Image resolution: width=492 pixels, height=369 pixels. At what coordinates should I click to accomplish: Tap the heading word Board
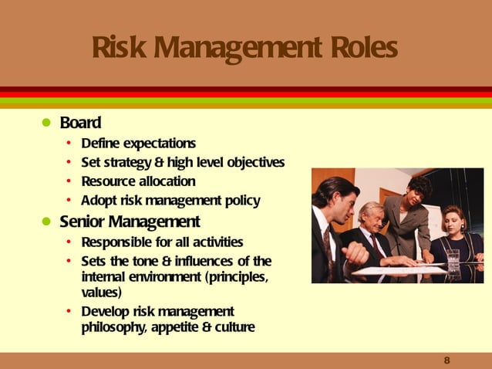pyautogui.click(x=86, y=123)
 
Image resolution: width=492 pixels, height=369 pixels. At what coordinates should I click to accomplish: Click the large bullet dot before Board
pyautogui.click(x=45, y=124)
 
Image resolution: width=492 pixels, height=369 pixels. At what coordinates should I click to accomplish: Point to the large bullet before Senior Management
pyautogui.click(x=45, y=223)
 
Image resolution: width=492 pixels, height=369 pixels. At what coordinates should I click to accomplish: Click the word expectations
pyautogui.click(x=160, y=144)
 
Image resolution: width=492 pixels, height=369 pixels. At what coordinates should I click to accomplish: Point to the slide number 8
pyautogui.click(x=447, y=361)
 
